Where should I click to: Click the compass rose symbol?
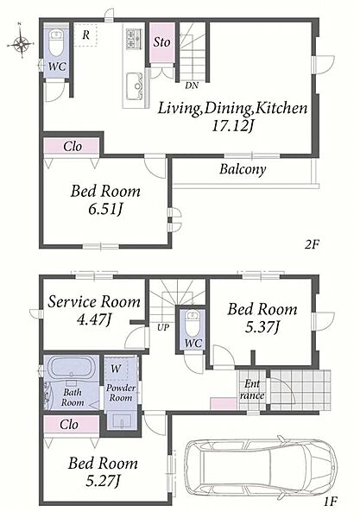[x=21, y=42]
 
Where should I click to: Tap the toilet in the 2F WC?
[x=56, y=43]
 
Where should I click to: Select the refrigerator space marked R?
[x=85, y=35]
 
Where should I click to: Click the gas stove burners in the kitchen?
[x=134, y=37]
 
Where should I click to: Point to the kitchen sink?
[x=135, y=85]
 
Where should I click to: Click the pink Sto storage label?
[x=161, y=42]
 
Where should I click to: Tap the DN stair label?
[x=192, y=85]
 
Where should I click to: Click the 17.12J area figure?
[x=232, y=126]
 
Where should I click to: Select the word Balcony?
[x=243, y=169]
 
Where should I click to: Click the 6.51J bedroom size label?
[x=105, y=209]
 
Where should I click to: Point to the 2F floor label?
[x=312, y=245]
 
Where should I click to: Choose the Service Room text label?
[x=94, y=301]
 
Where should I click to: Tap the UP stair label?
[x=163, y=327]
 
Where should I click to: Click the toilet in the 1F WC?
[x=192, y=322]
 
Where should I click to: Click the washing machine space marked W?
[x=116, y=369]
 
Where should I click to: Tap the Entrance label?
[x=252, y=390]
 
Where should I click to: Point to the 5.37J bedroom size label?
[x=262, y=327]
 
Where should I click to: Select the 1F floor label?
[x=330, y=502]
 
